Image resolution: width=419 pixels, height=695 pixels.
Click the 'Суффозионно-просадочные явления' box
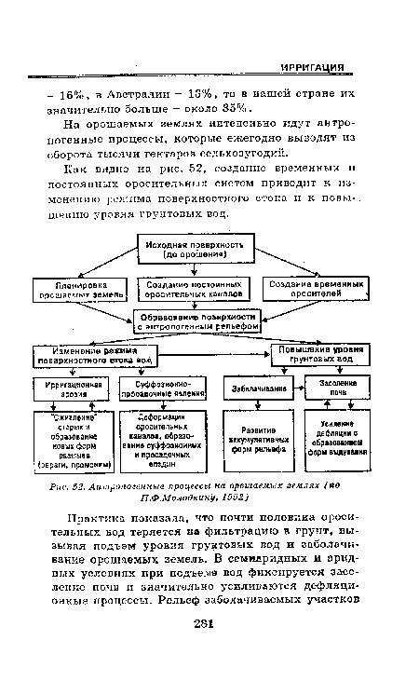(x=165, y=388)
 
